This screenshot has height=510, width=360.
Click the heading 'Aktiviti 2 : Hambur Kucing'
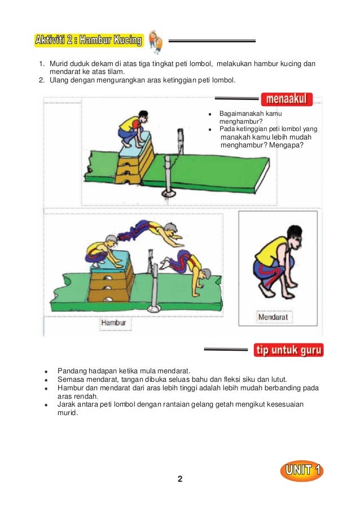[89, 40]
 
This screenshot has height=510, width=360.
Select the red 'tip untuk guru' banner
[288, 350]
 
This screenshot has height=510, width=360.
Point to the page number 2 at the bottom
[180, 480]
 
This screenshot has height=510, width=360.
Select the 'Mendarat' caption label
[273, 317]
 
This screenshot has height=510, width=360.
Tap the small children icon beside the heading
[156, 41]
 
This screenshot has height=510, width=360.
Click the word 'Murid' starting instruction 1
[58, 64]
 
